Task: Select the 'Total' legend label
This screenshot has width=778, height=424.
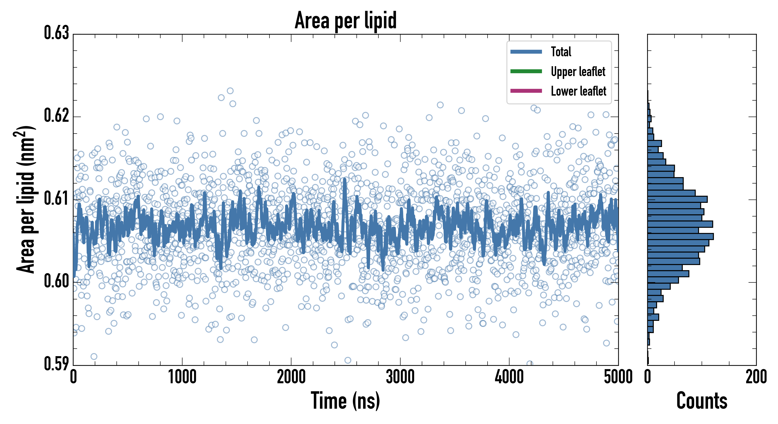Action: [x=561, y=52]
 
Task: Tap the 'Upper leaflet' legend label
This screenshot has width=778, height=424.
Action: [x=578, y=72]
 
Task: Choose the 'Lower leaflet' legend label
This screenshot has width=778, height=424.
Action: [x=578, y=91]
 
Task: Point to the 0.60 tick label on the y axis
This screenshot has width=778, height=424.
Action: [x=57, y=281]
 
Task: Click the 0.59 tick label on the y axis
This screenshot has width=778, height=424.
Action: [x=57, y=364]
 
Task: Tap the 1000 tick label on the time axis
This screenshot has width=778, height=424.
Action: [x=182, y=377]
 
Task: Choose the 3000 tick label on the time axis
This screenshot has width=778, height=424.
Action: [x=400, y=377]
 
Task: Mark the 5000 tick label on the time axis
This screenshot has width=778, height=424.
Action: [x=618, y=377]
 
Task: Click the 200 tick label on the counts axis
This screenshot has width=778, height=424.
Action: [x=756, y=377]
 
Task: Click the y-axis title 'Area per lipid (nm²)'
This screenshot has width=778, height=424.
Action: [x=26, y=199]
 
